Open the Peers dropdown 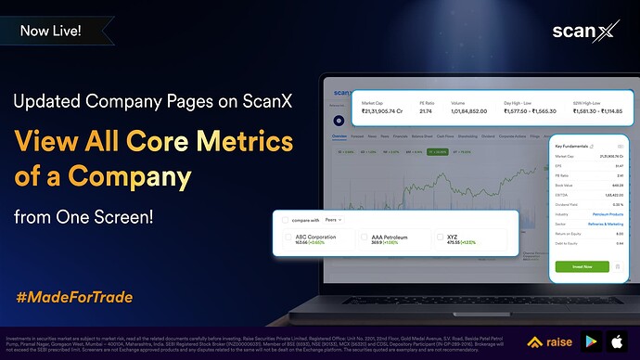point(335,219)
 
